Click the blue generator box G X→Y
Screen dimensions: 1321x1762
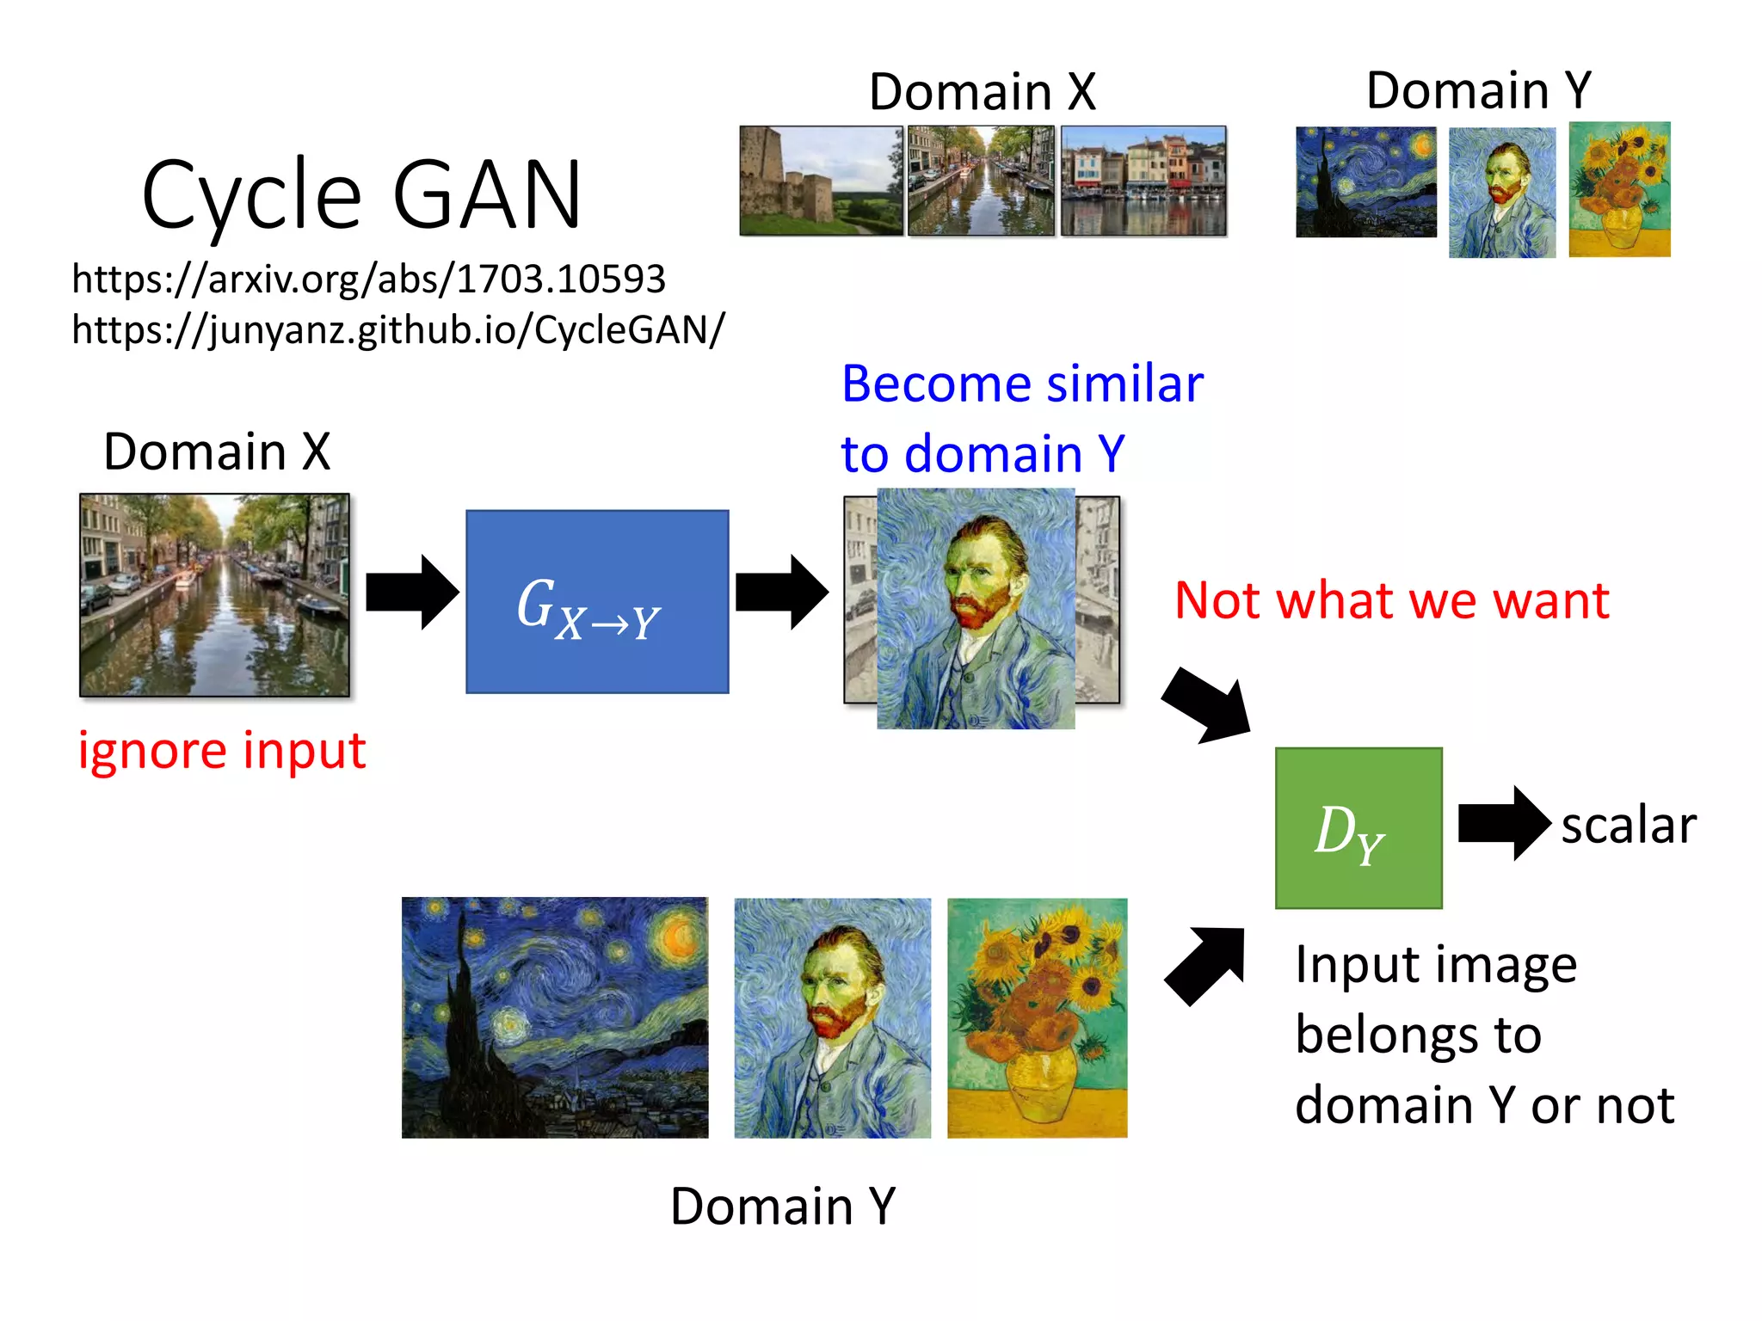coord(597,601)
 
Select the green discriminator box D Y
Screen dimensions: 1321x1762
coord(1358,827)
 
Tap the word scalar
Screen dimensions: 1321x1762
coord(1628,826)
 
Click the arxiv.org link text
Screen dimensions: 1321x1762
coord(368,279)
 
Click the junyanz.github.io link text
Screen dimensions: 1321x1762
coord(397,329)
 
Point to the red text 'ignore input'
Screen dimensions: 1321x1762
coord(222,751)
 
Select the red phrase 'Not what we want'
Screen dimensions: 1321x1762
coord(1391,600)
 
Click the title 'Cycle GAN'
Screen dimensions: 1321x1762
coord(361,195)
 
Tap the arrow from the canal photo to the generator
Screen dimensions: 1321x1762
coord(411,593)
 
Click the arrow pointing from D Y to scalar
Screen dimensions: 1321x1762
coord(1503,823)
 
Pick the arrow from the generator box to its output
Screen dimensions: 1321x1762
coord(781,593)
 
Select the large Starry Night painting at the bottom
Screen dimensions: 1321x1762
coord(555,1017)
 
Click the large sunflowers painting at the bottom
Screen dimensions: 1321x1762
coord(1037,1017)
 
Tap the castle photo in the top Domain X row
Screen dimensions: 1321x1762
coord(821,181)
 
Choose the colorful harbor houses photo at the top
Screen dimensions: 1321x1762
coord(1143,181)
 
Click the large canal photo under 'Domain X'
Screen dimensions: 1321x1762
coord(214,594)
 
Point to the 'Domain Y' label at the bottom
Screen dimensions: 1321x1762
coord(782,1206)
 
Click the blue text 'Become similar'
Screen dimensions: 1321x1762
coord(1021,384)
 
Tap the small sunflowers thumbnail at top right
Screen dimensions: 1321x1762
coord(1618,189)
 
